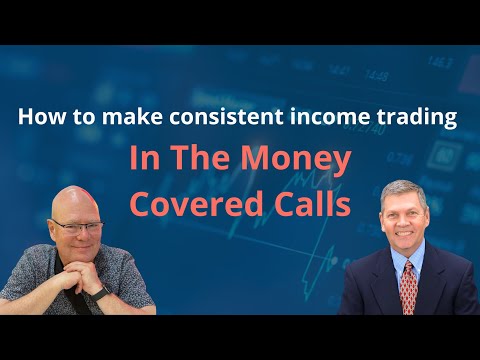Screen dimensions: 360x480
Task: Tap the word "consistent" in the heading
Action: [x=232, y=118]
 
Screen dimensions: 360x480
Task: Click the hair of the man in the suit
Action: [x=405, y=192]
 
